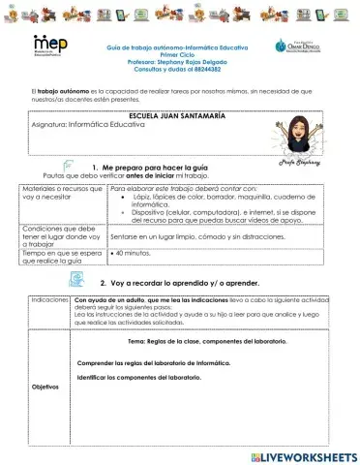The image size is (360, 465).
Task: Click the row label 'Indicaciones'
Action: click(x=48, y=301)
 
